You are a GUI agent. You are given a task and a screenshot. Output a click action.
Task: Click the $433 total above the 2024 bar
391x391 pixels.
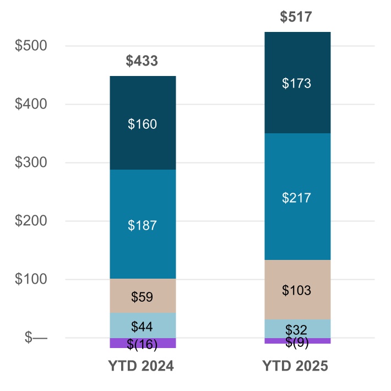point(142,61)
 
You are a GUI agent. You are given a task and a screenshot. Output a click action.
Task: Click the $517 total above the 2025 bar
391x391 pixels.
point(296,17)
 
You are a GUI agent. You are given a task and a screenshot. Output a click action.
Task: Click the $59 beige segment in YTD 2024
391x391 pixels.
point(142,296)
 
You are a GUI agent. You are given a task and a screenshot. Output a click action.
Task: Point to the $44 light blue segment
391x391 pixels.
point(142,325)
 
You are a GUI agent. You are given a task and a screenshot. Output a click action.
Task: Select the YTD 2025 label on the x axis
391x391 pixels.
point(296,366)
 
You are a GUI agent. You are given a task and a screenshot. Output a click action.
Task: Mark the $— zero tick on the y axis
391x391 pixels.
point(36,338)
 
